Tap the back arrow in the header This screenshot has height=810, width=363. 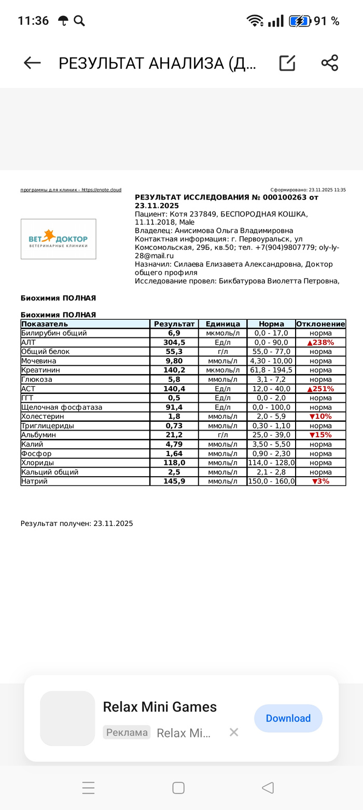pyautogui.click(x=32, y=63)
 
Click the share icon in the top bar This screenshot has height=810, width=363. pyautogui.click(x=329, y=63)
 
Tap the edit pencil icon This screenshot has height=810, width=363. pyautogui.click(x=287, y=63)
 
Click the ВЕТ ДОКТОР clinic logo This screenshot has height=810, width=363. pyautogui.click(x=58, y=239)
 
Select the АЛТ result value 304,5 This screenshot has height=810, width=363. pyautogui.click(x=174, y=343)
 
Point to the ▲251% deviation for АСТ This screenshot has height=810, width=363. pyautogui.click(x=320, y=389)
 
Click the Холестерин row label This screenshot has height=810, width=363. pyautogui.click(x=43, y=417)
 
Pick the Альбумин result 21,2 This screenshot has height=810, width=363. pyautogui.click(x=174, y=435)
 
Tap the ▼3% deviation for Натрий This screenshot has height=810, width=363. pyautogui.click(x=320, y=481)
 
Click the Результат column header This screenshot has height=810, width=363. pyautogui.click(x=174, y=324)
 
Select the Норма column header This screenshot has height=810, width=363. pyautogui.click(x=271, y=324)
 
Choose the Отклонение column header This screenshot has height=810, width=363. pyautogui.click(x=320, y=324)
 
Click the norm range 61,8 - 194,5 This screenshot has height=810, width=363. pyautogui.click(x=271, y=370)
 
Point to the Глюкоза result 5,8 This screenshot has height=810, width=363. pyautogui.click(x=174, y=379)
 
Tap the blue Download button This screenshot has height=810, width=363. pyautogui.click(x=288, y=718)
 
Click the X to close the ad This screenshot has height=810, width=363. pyautogui.click(x=234, y=732)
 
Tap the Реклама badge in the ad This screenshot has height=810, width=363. pyautogui.click(x=127, y=732)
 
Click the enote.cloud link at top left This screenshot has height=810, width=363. pyautogui.click(x=71, y=190)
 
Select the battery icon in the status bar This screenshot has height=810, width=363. pyautogui.click(x=300, y=21)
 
